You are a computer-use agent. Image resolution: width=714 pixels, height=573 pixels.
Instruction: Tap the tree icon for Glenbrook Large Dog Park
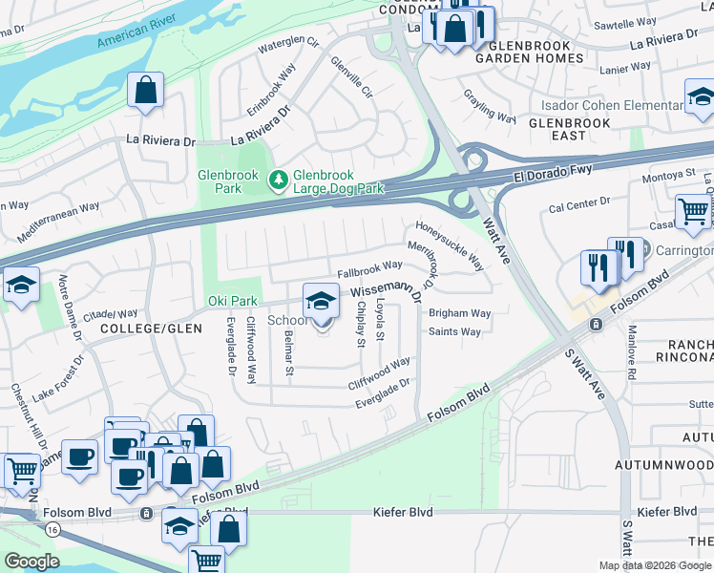[278, 179]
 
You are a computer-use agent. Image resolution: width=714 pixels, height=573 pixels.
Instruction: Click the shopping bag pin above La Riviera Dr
[146, 92]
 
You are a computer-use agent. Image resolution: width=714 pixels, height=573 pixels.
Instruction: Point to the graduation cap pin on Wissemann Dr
[322, 302]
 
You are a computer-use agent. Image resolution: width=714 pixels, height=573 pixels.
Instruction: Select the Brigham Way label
[459, 313]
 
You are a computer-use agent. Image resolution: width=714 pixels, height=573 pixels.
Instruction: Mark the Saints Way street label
[454, 332]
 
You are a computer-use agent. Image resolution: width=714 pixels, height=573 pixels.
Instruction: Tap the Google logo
[31, 561]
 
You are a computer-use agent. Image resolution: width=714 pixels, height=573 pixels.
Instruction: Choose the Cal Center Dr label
[578, 202]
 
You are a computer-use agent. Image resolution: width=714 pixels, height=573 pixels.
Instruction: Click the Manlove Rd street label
[631, 352]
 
